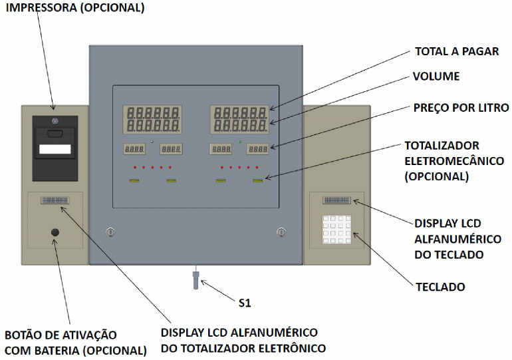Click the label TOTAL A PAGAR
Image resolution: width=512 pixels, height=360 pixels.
pyautogui.click(x=457, y=51)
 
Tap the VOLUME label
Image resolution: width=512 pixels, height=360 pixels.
pyautogui.click(x=436, y=76)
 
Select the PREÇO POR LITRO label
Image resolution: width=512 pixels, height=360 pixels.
pyautogui.click(x=461, y=108)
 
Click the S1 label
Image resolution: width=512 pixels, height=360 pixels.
pyautogui.click(x=245, y=303)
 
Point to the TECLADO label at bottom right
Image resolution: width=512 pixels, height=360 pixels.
pyautogui.click(x=440, y=287)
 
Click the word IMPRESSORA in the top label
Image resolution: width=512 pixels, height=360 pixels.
pyautogui.click(x=41, y=7)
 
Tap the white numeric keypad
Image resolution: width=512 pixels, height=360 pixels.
pyautogui.click(x=336, y=229)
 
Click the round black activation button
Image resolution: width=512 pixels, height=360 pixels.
pyautogui.click(x=55, y=232)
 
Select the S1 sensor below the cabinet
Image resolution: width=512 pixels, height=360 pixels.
pyautogui.click(x=195, y=277)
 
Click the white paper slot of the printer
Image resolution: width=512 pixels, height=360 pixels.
pyautogui.click(x=55, y=149)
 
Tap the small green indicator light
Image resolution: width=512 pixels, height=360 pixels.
pyautogui.click(x=240, y=142)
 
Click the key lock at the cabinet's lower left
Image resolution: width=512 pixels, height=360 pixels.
pyautogui.click(x=110, y=232)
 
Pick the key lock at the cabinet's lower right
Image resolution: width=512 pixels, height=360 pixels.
pyautogui.click(x=281, y=232)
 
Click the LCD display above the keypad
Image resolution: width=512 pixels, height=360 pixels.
pyautogui.click(x=336, y=200)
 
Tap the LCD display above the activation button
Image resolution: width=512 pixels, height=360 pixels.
pyautogui.click(x=55, y=200)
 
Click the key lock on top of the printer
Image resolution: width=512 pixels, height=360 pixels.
pyautogui.click(x=55, y=122)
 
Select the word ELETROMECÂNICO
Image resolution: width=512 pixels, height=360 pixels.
pyautogui.click(x=454, y=161)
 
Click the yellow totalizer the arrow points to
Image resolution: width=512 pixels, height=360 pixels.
pyautogui.click(x=257, y=180)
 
